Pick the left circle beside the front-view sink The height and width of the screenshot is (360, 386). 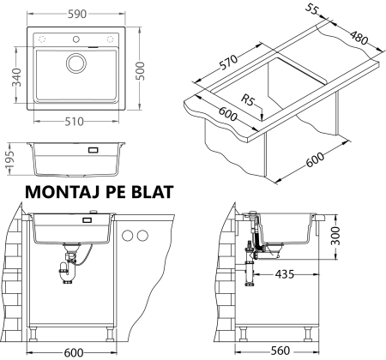point(128,237)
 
